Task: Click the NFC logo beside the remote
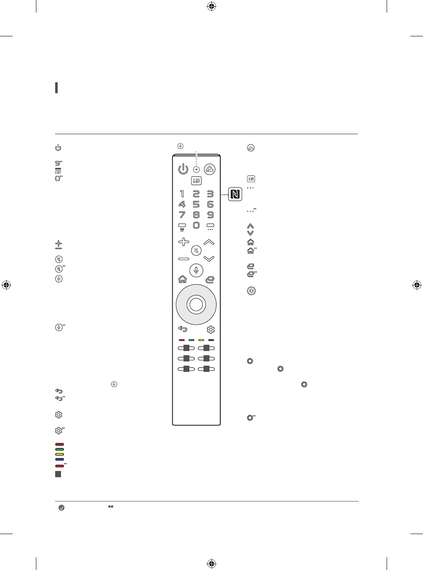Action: pyautogui.click(x=235, y=194)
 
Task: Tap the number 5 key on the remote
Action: pyautogui.click(x=196, y=204)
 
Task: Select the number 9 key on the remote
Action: pyautogui.click(x=210, y=215)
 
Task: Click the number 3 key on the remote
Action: pyautogui.click(x=210, y=194)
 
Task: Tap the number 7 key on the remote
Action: pyautogui.click(x=182, y=215)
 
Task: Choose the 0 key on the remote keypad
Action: pyautogui.click(x=196, y=225)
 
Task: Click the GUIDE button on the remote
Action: pyautogui.click(x=196, y=181)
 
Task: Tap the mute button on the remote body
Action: pyautogui.click(x=196, y=251)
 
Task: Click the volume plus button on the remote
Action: pyautogui.click(x=183, y=242)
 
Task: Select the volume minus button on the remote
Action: pyautogui.click(x=183, y=259)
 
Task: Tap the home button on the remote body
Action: pyautogui.click(x=182, y=279)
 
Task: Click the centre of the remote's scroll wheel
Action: pyautogui.click(x=196, y=305)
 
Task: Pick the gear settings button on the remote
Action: pyautogui.click(x=211, y=330)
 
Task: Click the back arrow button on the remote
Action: pyautogui.click(x=183, y=329)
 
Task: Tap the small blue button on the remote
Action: pyautogui.click(x=211, y=340)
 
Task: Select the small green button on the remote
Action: pyautogui.click(x=191, y=340)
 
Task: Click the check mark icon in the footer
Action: pyautogui.click(x=61, y=508)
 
